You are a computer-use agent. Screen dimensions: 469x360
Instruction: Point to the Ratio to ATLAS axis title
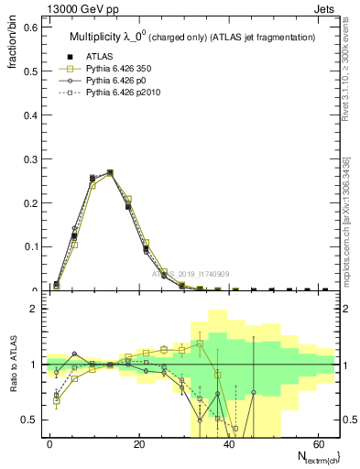pyautogui.click(x=14, y=362)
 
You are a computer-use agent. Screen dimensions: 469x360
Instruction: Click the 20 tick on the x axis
pyautogui.click(x=138, y=444)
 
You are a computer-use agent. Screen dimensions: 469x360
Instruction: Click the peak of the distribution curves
pyautogui.click(x=110, y=172)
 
